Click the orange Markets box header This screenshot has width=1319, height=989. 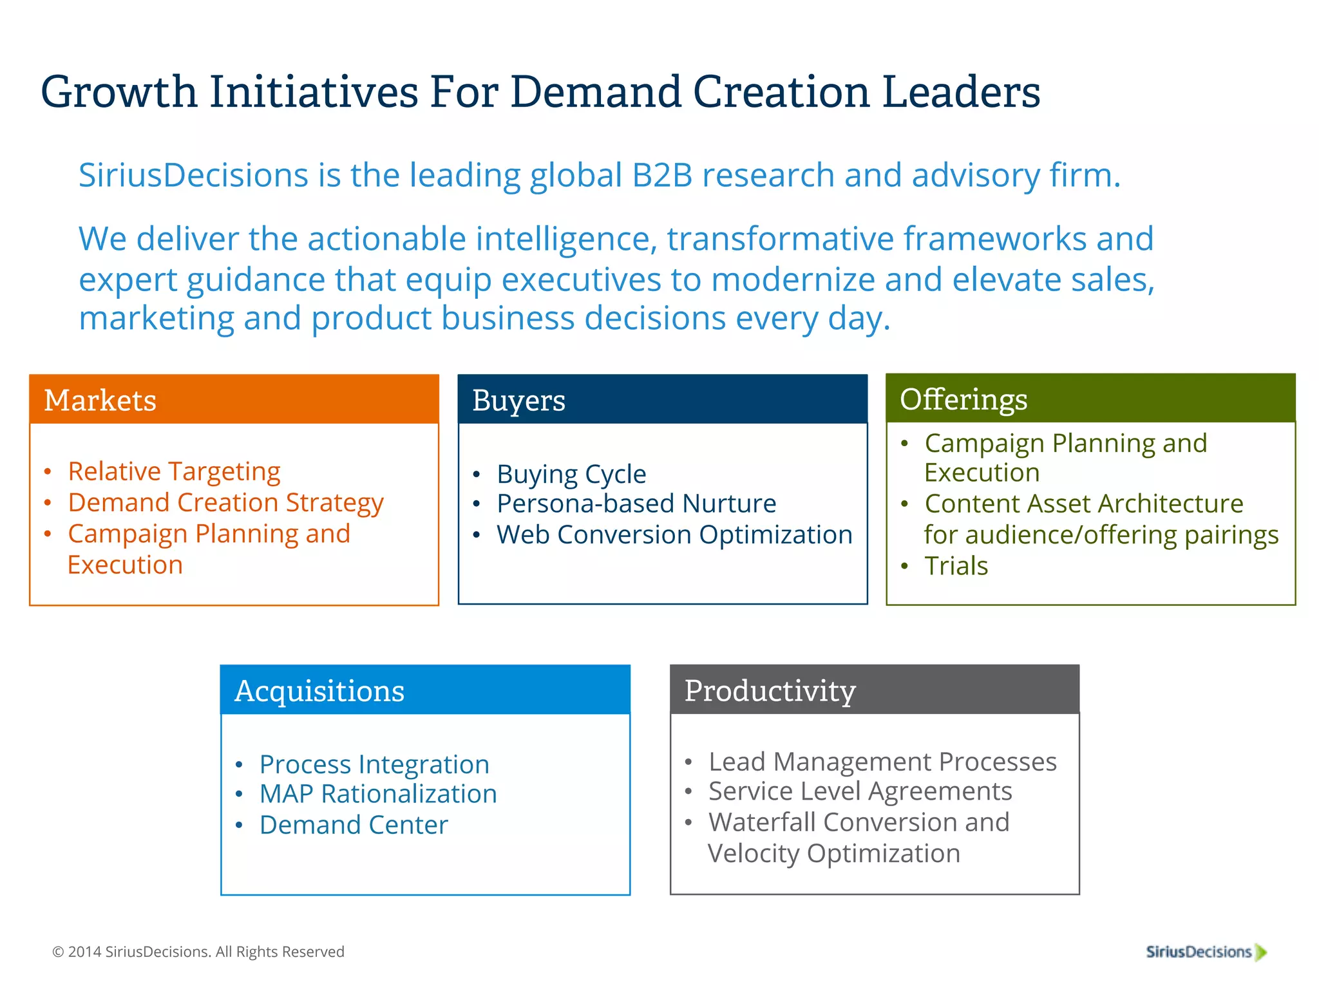tap(234, 400)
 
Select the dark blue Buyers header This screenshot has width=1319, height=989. tap(662, 400)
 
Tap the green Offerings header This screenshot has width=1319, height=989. tap(1090, 399)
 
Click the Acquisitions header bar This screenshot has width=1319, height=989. tap(425, 690)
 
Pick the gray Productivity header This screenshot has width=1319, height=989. tap(875, 690)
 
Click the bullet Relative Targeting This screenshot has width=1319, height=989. tap(174, 471)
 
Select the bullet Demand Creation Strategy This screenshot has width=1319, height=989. tap(225, 502)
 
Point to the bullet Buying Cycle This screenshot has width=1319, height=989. tap(571, 474)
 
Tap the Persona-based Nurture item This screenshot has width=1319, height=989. tap(636, 504)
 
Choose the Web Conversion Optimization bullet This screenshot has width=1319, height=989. tap(674, 534)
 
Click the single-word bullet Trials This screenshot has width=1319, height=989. tap(956, 566)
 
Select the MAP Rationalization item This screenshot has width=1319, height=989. tap(378, 794)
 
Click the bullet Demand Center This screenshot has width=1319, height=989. tap(354, 825)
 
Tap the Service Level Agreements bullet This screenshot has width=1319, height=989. tap(860, 791)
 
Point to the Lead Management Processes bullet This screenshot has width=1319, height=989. tap(882, 762)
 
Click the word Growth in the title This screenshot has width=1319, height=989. tap(119, 91)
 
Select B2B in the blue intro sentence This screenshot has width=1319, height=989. tap(661, 175)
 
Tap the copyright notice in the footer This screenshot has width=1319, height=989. tap(198, 952)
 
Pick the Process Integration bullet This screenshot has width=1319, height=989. tap(374, 764)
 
